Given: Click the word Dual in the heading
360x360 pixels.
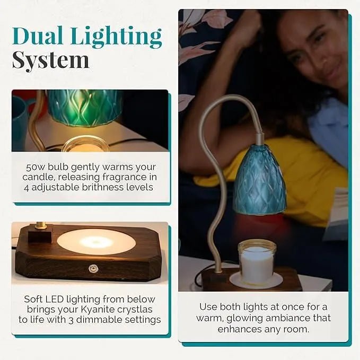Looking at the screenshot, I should pos(39,37).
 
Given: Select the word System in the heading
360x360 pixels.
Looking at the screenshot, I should pos(50,60).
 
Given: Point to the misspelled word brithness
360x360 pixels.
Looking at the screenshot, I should pos(106,187).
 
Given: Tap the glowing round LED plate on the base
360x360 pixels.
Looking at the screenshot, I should pos(96,242).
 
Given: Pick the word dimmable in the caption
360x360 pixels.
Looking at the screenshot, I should pos(111,320).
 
